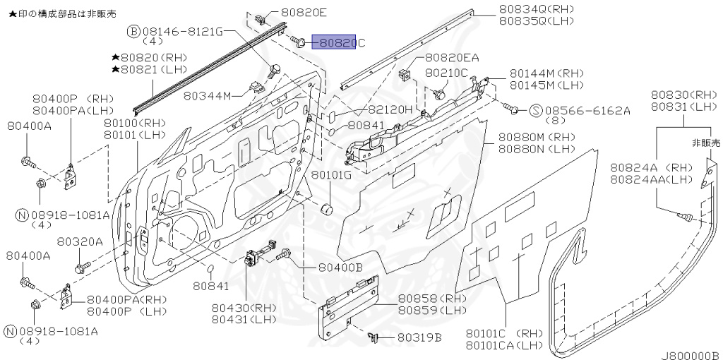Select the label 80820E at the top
[x=304, y=12]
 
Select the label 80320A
[x=80, y=241]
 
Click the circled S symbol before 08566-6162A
[x=535, y=110]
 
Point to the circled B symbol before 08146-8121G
[x=133, y=32]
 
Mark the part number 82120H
[x=389, y=110]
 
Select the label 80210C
[x=446, y=73]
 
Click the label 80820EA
[x=452, y=57]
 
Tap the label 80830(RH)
[x=683, y=95]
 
